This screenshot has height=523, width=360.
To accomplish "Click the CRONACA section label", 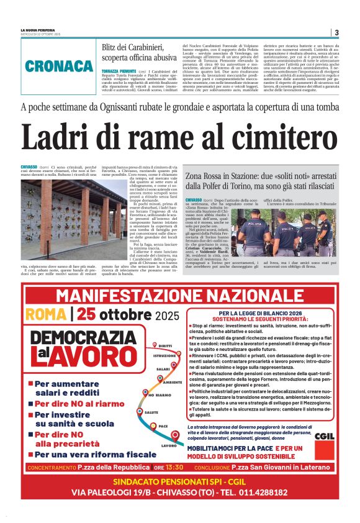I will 60,66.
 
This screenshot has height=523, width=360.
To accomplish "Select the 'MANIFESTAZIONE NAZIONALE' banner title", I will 180,294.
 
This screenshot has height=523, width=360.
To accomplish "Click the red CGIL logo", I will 323,435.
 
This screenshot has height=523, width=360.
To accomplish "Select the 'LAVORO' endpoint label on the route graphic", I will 168,445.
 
